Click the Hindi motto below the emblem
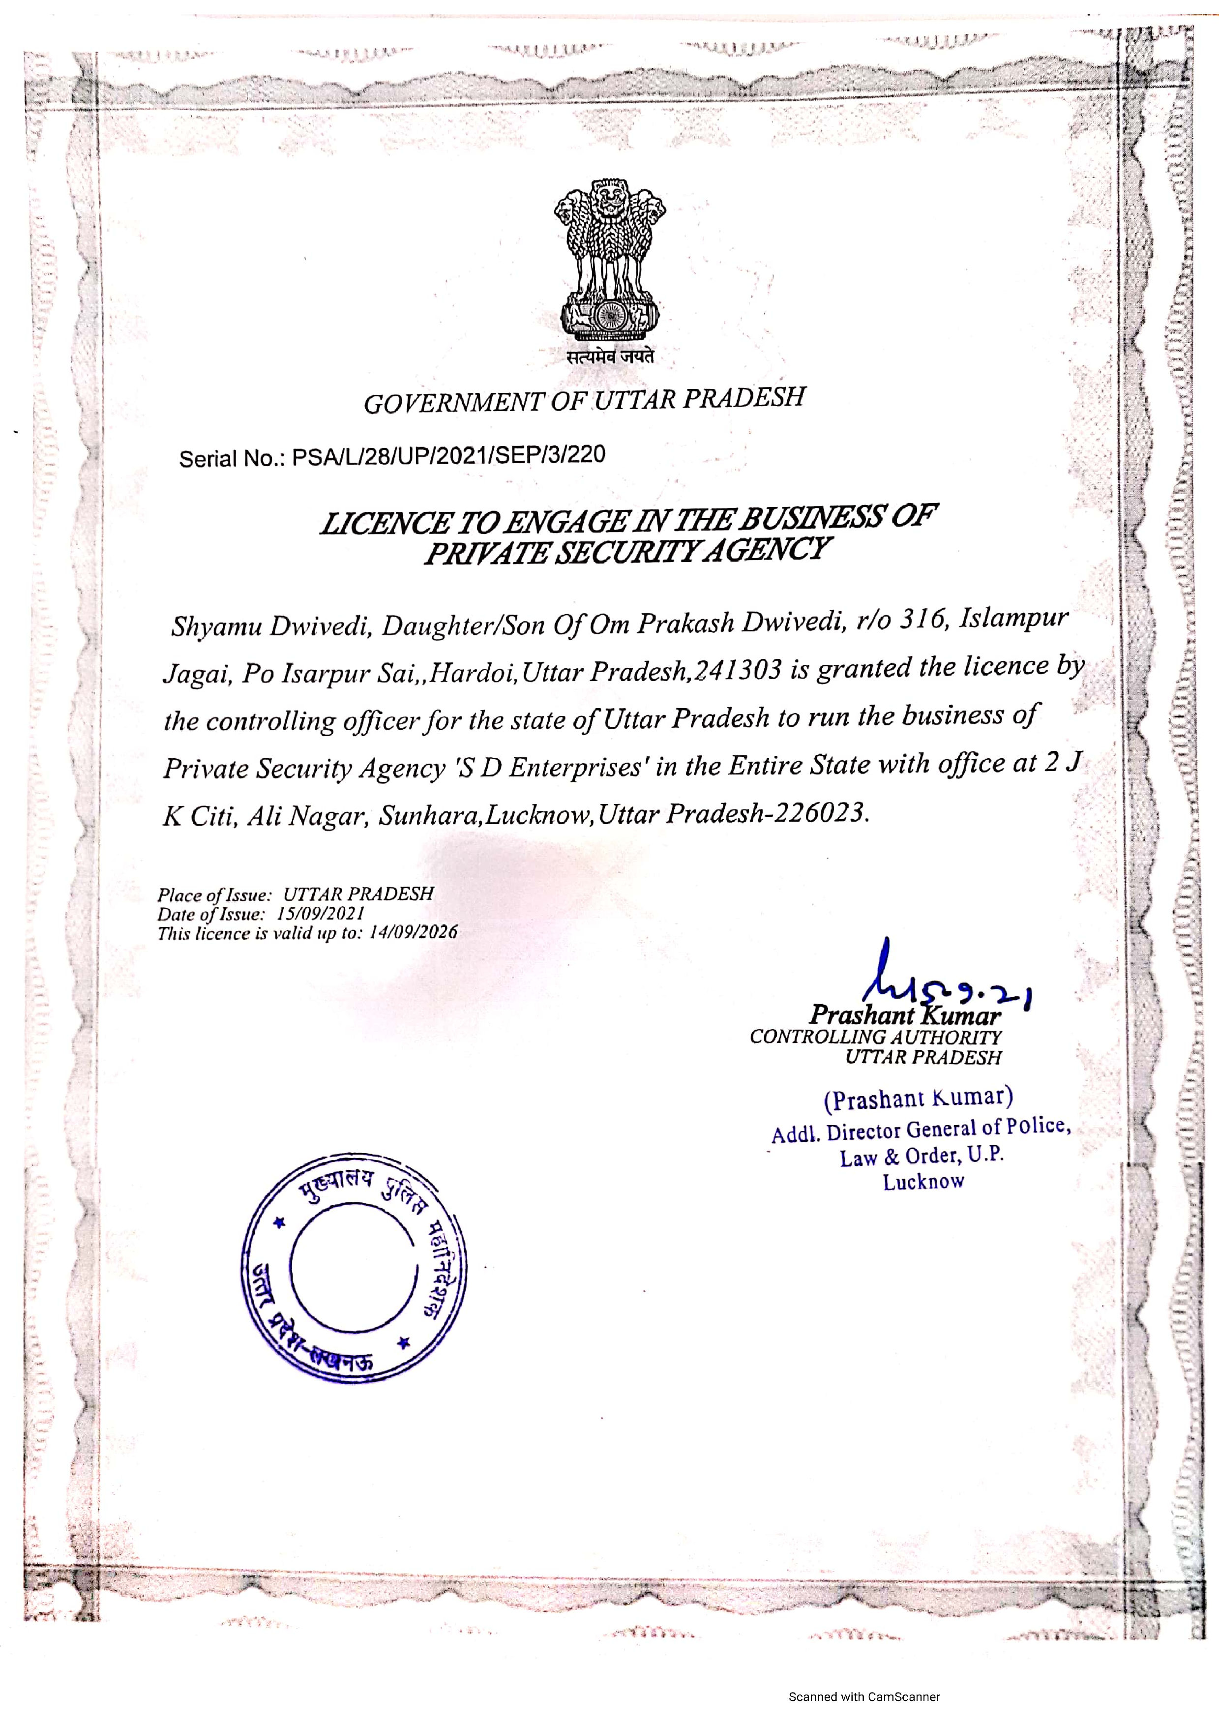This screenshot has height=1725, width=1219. coord(610,357)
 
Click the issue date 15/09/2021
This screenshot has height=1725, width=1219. coord(321,914)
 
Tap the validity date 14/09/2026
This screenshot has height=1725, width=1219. coord(413,932)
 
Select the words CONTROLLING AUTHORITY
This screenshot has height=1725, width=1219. coord(876,1037)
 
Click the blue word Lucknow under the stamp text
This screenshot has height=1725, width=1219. coord(923,1182)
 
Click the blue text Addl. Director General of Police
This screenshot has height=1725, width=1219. coord(921,1129)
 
